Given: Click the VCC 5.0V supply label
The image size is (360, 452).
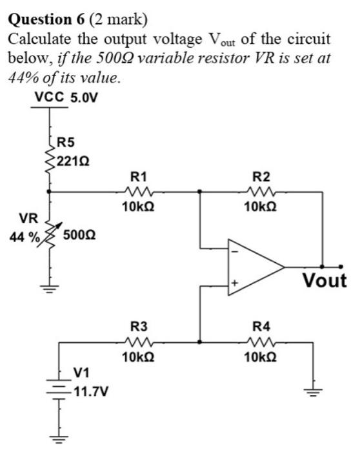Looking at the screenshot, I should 66,99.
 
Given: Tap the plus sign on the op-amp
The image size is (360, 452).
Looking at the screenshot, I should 235,282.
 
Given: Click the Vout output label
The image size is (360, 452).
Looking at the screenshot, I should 325,282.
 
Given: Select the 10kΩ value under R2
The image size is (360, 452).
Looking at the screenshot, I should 261,207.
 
